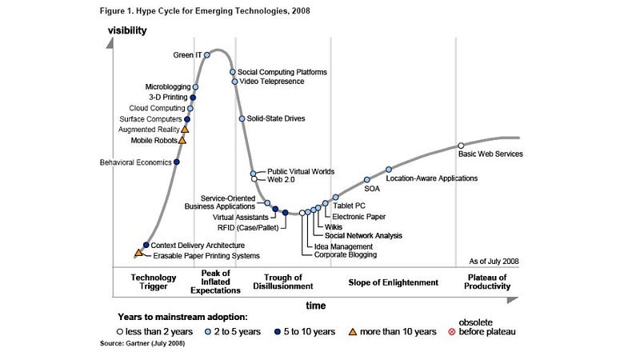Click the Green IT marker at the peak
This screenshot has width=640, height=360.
click(206, 54)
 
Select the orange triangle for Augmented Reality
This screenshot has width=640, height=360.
click(185, 128)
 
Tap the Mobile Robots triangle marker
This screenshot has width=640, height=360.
click(182, 140)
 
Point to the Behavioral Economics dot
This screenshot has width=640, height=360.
click(177, 162)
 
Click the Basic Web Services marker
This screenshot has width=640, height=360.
click(461, 146)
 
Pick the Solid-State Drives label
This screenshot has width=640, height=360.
click(276, 118)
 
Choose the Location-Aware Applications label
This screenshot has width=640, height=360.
click(431, 178)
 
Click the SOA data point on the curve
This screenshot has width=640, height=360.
click(367, 180)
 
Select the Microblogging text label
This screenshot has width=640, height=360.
click(167, 86)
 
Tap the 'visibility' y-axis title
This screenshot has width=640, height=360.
click(128, 31)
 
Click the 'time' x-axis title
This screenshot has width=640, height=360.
click(315, 305)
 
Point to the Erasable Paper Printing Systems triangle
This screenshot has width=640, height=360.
click(138, 253)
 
